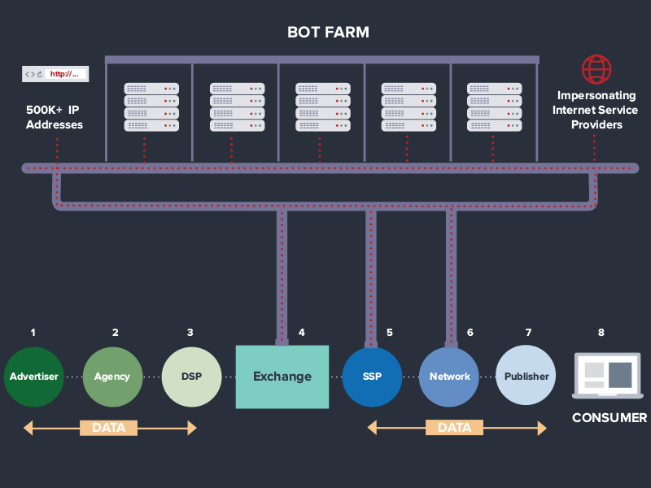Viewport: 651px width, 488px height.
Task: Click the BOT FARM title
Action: tap(328, 33)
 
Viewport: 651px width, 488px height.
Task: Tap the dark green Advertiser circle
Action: tap(34, 377)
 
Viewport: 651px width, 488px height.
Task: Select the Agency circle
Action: tap(112, 377)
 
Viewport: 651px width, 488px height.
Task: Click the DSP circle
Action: tap(191, 377)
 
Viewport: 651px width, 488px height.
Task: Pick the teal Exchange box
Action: tap(282, 377)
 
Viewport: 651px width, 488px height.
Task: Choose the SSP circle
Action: tap(372, 377)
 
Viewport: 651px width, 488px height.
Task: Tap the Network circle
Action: tap(449, 377)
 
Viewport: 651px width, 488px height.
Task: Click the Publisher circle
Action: tap(526, 375)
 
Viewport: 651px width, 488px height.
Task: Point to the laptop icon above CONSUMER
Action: tap(608, 376)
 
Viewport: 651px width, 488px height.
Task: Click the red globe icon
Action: tap(596, 69)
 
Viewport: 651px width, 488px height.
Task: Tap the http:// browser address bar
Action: tap(55, 74)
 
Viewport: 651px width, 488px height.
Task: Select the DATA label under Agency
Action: tap(109, 428)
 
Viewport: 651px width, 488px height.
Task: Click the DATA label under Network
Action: tap(455, 428)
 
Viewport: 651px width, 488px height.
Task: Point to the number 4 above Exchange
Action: tap(302, 333)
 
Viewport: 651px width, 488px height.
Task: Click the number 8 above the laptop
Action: tap(601, 333)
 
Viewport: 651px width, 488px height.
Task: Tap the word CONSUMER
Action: tap(609, 418)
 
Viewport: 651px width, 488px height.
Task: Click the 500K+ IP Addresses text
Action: tap(54, 117)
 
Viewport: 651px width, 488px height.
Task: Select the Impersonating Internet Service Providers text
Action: tap(596, 110)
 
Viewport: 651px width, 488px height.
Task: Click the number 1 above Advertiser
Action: tap(33, 333)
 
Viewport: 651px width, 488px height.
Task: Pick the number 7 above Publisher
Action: tap(528, 333)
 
